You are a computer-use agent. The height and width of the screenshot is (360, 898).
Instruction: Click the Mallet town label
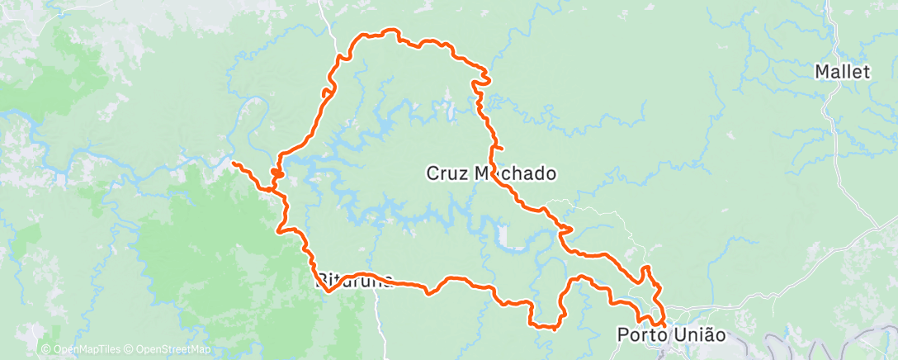(842, 72)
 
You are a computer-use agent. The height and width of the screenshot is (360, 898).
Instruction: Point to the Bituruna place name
(354, 281)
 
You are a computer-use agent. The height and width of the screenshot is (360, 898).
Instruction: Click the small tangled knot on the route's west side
(276, 173)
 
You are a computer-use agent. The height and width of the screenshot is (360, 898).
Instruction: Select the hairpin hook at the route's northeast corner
(485, 80)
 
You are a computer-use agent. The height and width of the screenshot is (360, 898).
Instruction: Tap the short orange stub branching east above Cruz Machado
(499, 148)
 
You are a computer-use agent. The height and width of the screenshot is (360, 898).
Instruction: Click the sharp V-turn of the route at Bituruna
(328, 291)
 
